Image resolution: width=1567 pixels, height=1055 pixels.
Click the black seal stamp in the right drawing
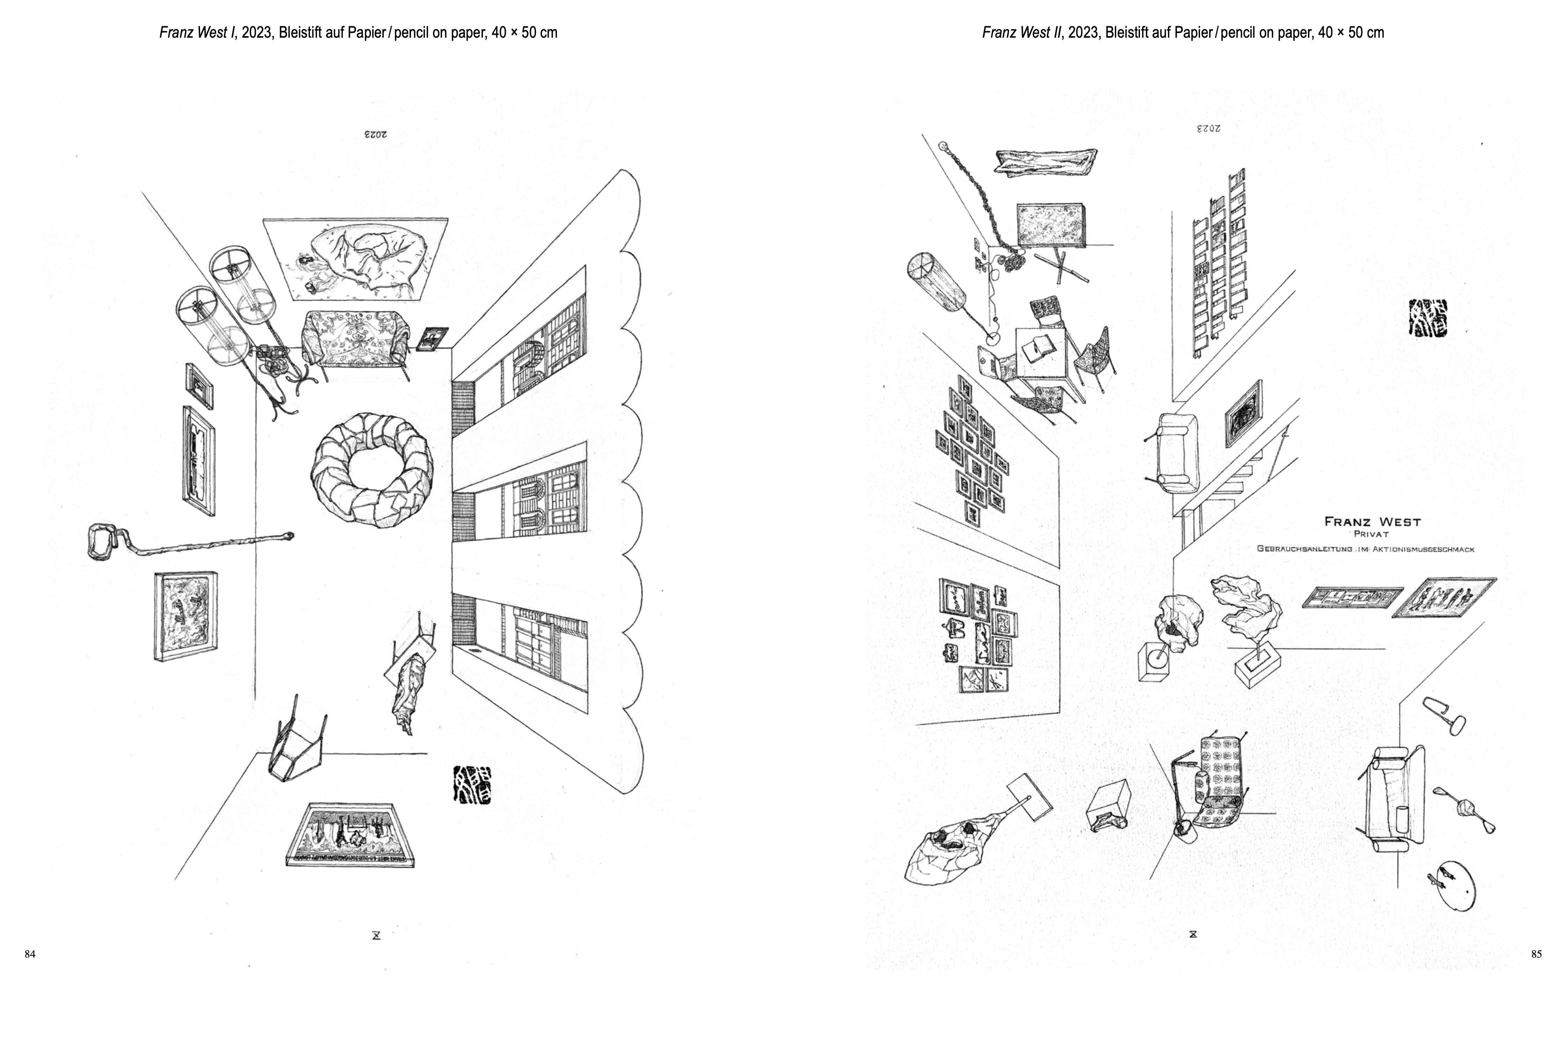(x=1428, y=318)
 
